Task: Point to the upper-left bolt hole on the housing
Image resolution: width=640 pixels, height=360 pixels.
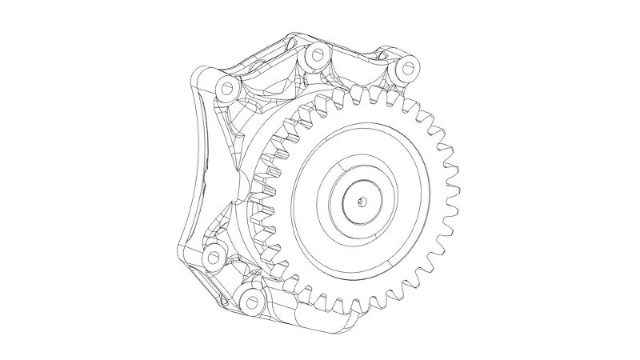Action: click(x=226, y=86)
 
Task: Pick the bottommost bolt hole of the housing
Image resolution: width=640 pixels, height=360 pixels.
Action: click(x=253, y=302)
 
